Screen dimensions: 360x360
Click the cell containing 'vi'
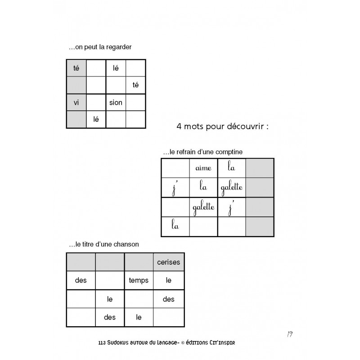pyautogui.click(x=76, y=103)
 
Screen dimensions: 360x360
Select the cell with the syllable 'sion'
pyautogui.click(x=116, y=103)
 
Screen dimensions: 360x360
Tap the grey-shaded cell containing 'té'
pyautogui.click(x=76, y=68)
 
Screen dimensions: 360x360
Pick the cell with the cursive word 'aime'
pyautogui.click(x=203, y=168)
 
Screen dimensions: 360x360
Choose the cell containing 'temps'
pyautogui.click(x=139, y=280)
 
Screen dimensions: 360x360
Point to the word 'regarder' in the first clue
pyautogui.click(x=119, y=47)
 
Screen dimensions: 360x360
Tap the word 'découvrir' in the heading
pyautogui.click(x=246, y=127)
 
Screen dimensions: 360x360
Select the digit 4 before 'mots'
pyautogui.click(x=180, y=127)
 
